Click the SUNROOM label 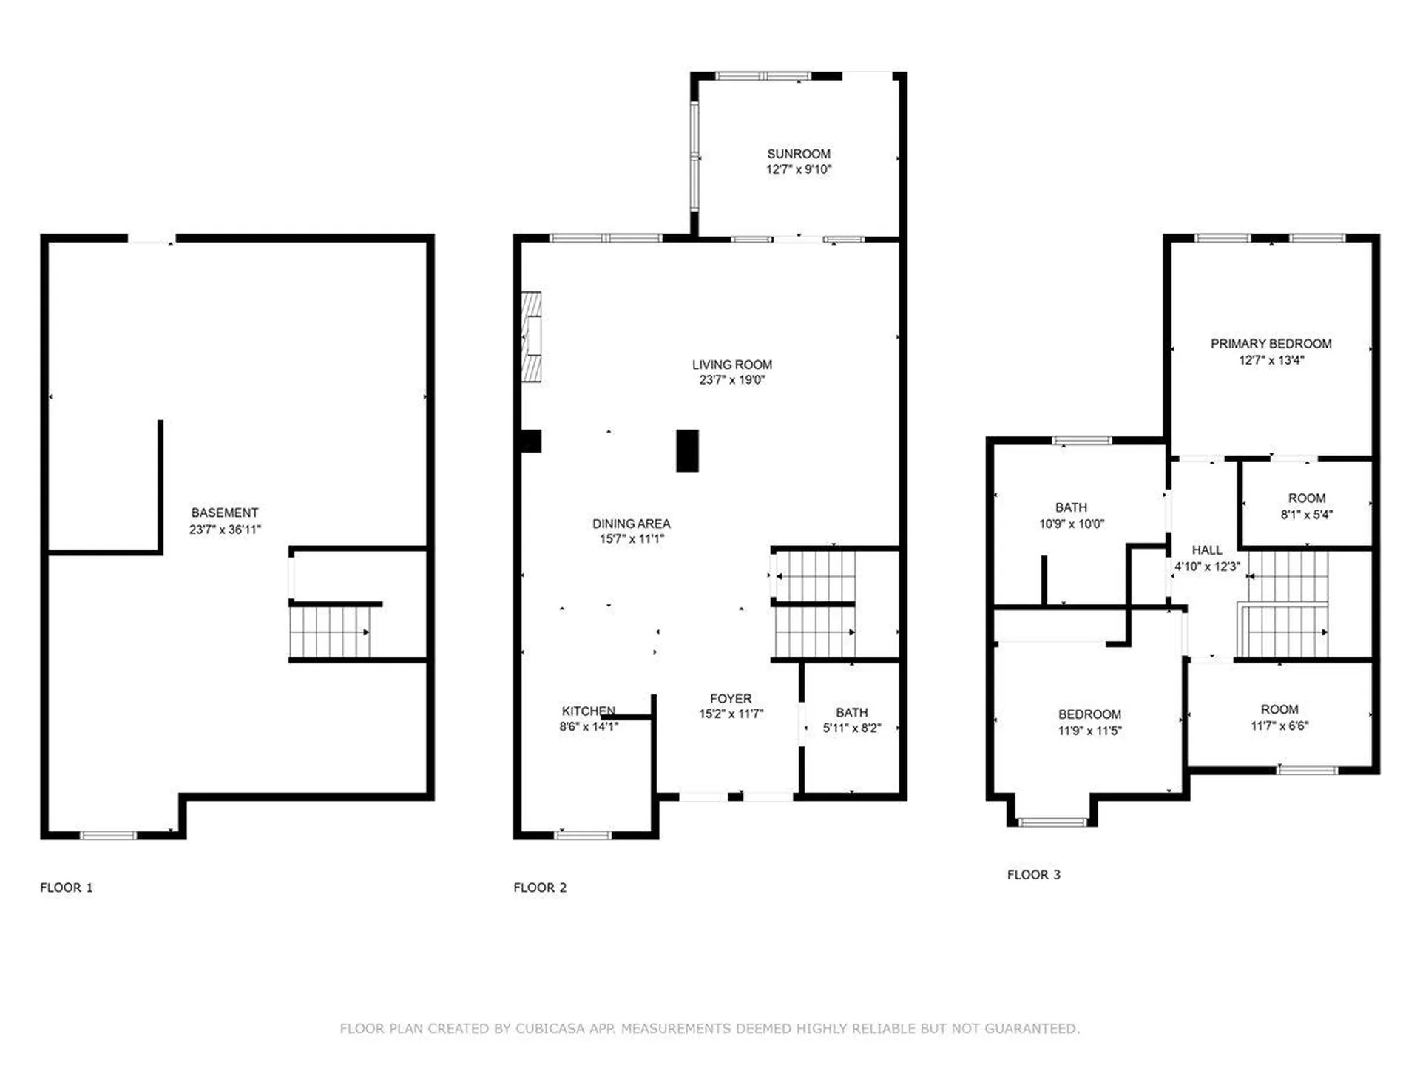[798, 154]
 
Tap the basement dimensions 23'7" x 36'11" [225, 530]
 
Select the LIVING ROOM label [731, 365]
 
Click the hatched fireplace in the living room [531, 337]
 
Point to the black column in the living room [687, 450]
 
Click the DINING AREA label [631, 524]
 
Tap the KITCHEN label [588, 711]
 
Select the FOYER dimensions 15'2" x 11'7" [731, 714]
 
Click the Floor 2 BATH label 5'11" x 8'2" [851, 713]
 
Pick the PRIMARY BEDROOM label [1271, 344]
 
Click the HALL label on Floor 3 [1206, 550]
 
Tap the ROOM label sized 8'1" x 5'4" [1306, 498]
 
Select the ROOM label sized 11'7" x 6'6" [1279, 710]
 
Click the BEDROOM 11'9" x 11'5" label [1089, 714]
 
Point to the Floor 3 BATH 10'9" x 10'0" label [1071, 508]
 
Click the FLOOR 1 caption [67, 887]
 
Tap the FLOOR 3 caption [1033, 875]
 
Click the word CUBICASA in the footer [550, 1029]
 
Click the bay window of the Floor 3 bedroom [1052, 822]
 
